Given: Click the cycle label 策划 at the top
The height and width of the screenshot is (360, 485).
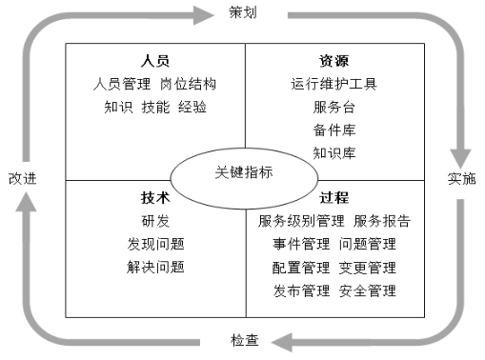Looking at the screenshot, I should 243,12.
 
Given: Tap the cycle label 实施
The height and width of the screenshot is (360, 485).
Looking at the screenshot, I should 461,178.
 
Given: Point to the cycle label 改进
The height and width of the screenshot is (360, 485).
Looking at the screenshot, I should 23,178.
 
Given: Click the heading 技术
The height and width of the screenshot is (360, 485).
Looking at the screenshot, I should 155,198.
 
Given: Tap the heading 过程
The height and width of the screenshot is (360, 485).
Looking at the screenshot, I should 334,198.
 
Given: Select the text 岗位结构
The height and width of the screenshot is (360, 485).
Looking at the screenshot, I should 189,84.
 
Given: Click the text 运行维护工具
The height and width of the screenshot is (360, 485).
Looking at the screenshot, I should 334,84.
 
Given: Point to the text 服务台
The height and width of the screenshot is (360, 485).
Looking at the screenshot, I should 334,107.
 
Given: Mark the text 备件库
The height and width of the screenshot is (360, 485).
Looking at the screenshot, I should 334,130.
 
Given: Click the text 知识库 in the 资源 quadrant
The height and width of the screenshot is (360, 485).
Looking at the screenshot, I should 334,152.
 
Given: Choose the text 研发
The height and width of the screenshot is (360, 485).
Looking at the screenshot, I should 155,221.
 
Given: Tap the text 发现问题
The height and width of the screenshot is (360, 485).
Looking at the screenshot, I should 155,244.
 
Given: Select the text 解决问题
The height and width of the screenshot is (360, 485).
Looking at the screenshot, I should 155,267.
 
